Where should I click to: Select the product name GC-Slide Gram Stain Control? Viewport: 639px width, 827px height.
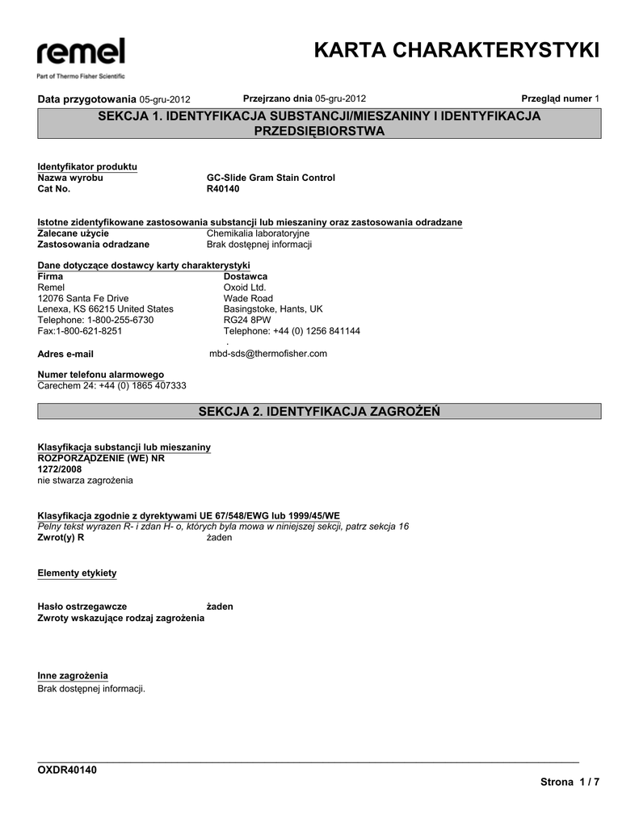point(271,178)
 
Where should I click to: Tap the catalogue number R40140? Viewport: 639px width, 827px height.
point(223,189)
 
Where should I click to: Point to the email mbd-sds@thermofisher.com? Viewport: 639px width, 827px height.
point(268,354)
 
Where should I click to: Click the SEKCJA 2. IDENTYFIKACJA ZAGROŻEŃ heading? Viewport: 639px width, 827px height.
point(319,412)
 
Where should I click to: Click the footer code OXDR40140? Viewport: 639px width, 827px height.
point(68,770)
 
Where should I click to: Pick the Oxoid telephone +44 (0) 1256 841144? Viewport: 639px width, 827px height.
point(292,331)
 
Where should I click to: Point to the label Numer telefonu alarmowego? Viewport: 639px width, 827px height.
point(101,375)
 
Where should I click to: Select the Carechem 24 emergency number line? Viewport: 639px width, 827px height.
point(112,386)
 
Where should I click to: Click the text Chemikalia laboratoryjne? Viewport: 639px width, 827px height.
point(259,233)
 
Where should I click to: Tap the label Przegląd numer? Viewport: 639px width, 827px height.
point(557,99)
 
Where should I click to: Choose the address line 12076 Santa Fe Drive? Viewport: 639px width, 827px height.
point(83,298)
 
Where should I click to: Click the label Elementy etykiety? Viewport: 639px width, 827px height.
point(78,573)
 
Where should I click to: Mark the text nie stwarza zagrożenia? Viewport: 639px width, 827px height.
point(86,481)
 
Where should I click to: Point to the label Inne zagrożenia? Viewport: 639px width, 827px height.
point(73,675)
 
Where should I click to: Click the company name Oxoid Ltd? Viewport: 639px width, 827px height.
point(244,287)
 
